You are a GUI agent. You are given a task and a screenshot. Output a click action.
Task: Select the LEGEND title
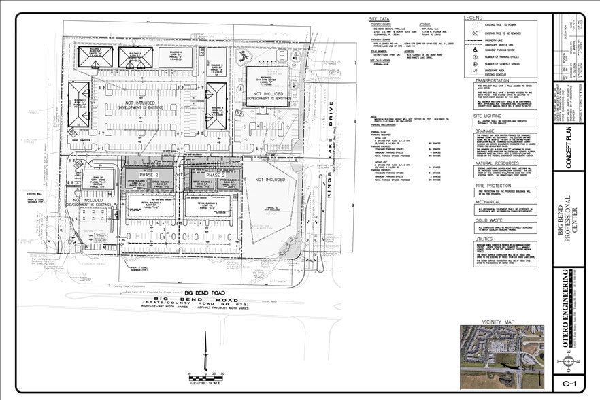point(473,17)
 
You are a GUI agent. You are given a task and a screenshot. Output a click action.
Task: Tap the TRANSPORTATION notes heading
point(482,80)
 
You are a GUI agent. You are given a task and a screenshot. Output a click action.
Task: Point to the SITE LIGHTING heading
point(477,116)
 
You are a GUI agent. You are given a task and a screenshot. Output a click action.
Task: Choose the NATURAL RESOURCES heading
point(485,163)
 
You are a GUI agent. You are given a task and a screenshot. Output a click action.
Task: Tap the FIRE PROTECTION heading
point(481,186)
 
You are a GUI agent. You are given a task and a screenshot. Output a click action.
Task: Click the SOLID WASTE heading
point(476,220)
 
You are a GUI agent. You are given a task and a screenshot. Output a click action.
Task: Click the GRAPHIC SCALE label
point(203,383)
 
